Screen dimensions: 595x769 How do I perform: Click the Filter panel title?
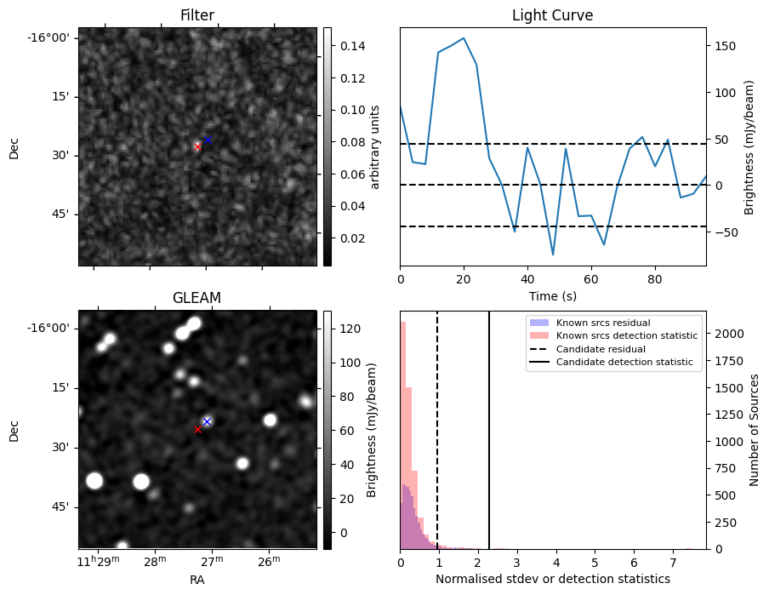tap(197, 15)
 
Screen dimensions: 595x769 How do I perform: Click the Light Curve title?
tap(552, 15)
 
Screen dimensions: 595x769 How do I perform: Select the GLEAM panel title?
tap(197, 298)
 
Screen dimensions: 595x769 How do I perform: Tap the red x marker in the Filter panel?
tap(197, 146)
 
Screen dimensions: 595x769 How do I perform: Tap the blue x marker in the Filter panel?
tap(208, 140)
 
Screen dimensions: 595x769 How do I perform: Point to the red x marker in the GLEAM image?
tap(197, 430)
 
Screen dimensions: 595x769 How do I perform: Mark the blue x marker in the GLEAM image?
tap(207, 421)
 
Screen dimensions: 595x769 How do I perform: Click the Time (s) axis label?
tap(552, 295)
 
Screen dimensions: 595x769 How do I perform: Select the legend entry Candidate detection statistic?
tap(624, 363)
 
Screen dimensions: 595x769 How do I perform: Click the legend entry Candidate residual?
tap(600, 349)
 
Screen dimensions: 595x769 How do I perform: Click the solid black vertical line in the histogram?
tap(489, 443)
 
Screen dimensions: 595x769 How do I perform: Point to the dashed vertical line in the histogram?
tap(437, 443)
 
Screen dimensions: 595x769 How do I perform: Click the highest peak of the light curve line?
tap(464, 38)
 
